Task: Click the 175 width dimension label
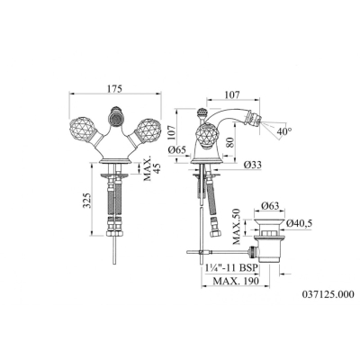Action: click(114, 89)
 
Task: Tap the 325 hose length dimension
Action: click(87, 200)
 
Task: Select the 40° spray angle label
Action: click(284, 130)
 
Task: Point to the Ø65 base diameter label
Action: click(177, 149)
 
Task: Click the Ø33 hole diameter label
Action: click(252, 165)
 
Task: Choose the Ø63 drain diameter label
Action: click(270, 205)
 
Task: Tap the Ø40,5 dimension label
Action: click(299, 223)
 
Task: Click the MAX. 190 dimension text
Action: click(236, 281)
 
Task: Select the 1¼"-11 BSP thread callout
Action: click(232, 267)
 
